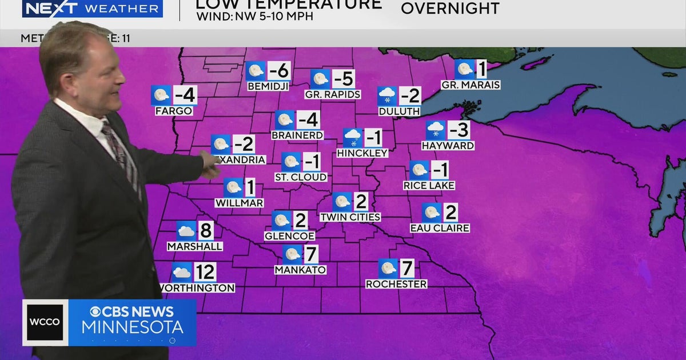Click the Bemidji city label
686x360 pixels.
[268, 86]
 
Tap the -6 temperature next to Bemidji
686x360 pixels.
[279, 71]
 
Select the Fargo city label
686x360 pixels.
[174, 111]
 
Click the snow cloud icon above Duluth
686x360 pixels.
[387, 96]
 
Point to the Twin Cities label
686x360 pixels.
[350, 217]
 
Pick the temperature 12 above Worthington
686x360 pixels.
[205, 272]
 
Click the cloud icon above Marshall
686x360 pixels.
[186, 231]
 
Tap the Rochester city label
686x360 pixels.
[396, 284]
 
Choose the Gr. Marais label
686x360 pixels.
[470, 85]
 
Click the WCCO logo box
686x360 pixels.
[44, 322]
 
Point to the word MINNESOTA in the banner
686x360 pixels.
[132, 327]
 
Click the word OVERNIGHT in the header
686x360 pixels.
[450, 9]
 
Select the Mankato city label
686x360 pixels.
[300, 270]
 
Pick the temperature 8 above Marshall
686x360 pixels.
[206, 231]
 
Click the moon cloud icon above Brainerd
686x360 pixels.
[285, 120]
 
